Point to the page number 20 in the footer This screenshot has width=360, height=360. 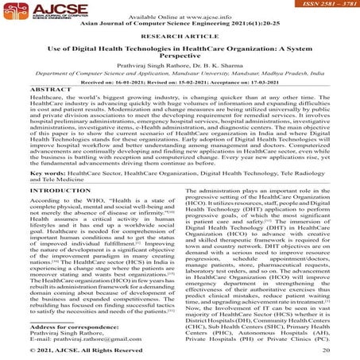[326, 350]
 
